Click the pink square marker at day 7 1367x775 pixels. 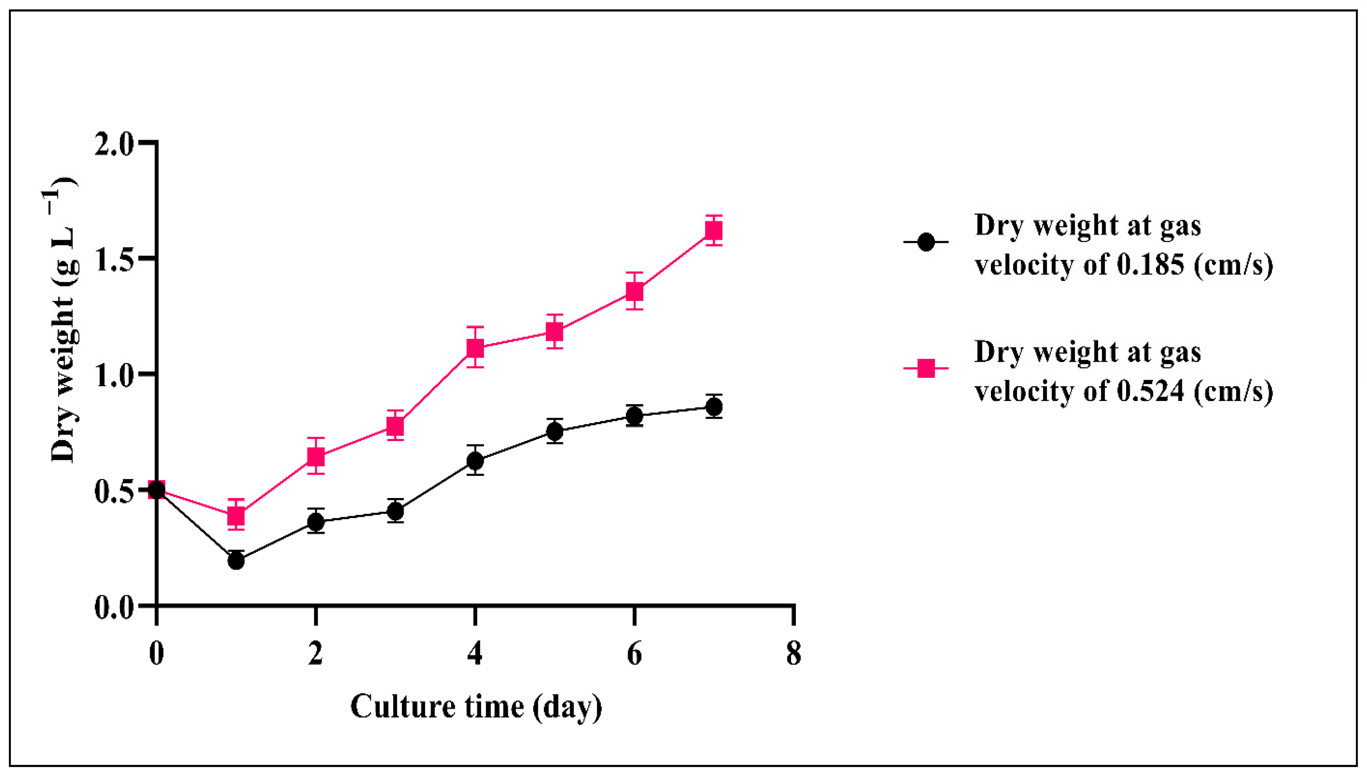pos(714,230)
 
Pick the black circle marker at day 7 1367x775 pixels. pos(714,407)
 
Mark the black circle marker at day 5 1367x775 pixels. pos(554,431)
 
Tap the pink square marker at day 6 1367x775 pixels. pos(634,291)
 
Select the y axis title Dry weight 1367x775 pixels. pos(64,319)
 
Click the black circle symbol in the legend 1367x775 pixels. pos(926,242)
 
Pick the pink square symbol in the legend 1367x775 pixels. pos(926,368)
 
